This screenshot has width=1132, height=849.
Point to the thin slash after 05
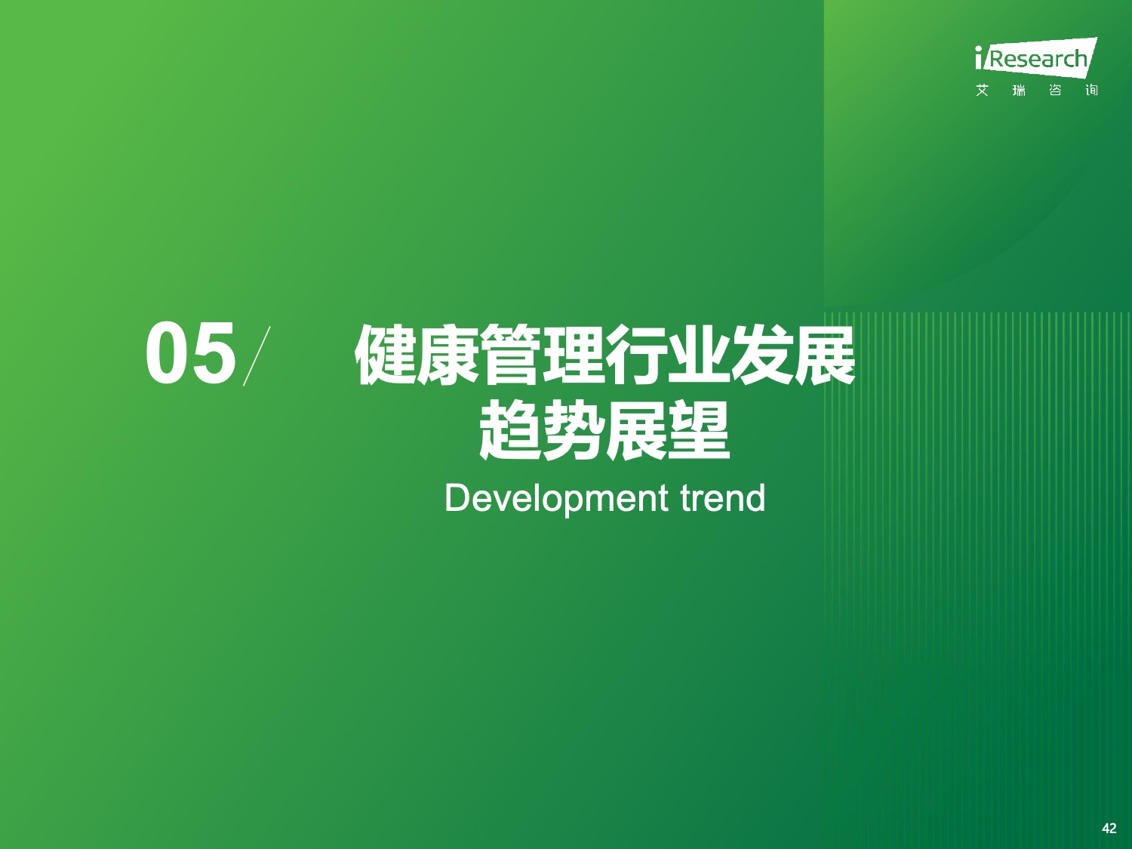[257, 355]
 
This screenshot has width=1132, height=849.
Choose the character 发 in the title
[762, 355]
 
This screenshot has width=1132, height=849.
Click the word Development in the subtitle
[556, 499]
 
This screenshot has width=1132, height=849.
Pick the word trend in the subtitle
[722, 498]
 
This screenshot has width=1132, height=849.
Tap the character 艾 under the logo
[983, 91]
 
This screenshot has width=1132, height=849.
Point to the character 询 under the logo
[1092, 91]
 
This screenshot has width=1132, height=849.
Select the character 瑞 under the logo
[1019, 91]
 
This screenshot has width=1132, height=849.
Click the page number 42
[1109, 829]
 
